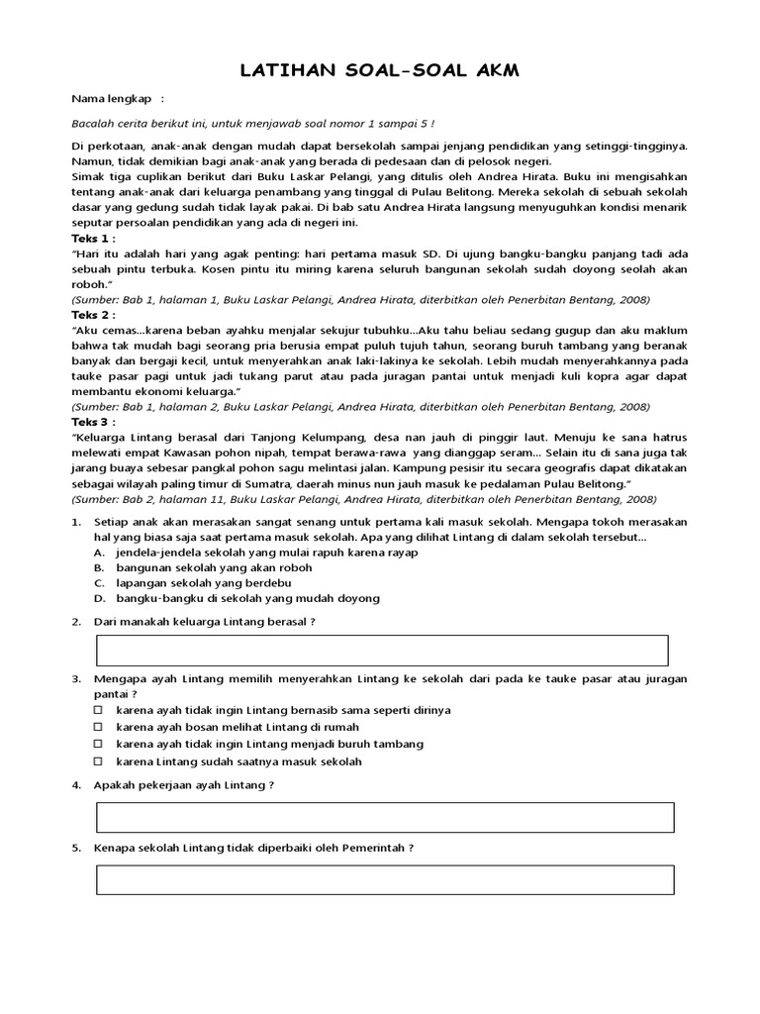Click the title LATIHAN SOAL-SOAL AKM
[379, 71]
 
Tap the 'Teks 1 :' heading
[93, 239]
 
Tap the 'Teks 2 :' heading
[93, 315]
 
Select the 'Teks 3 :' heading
[93, 421]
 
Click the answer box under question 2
[382, 651]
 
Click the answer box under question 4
[384, 817]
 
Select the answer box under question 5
[384, 879]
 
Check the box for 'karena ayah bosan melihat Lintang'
[98, 727]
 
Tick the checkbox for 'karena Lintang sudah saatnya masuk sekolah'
[98, 761]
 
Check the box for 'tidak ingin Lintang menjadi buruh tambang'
[98, 744]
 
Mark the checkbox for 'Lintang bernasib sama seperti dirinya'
[98, 710]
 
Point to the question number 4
[76, 784]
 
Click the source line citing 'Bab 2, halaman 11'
[364, 499]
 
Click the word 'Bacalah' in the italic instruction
[94, 124]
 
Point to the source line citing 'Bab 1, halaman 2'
[360, 406]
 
